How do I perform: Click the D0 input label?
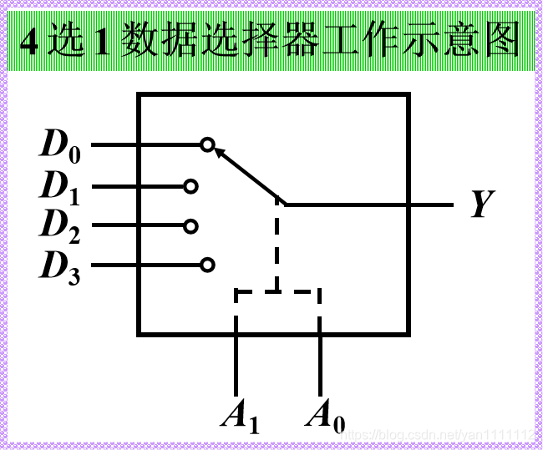tap(59, 145)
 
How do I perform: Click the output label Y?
tap(480, 204)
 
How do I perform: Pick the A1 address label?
tap(240, 415)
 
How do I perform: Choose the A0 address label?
tap(325, 415)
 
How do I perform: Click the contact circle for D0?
tap(207, 145)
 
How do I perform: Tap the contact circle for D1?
tap(190, 186)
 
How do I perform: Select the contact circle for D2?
tap(190, 225)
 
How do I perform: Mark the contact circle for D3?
tap(207, 265)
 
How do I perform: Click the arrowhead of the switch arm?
tap(220, 152)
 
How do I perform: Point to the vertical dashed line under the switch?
tap(277, 246)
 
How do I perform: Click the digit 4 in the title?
tap(28, 41)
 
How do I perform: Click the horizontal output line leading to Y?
tap(368, 204)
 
